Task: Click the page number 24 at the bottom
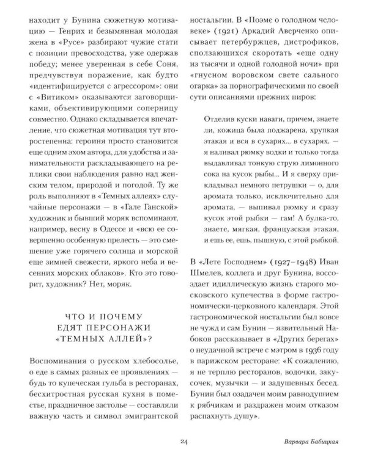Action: [183, 443]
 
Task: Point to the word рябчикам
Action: [214, 396]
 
